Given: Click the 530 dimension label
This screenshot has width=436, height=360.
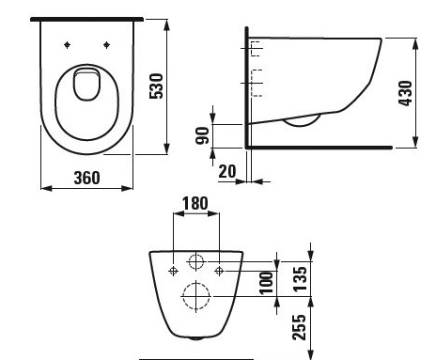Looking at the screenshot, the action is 156,86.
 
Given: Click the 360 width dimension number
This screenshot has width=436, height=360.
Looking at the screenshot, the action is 87,178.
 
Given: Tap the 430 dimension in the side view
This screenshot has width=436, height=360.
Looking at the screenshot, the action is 405,93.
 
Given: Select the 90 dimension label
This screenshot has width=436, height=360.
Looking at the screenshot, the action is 202,135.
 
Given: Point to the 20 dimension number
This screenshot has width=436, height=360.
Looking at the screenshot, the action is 227,172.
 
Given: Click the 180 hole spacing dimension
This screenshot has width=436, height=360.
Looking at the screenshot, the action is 195,203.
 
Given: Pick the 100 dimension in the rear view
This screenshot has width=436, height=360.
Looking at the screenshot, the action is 266,283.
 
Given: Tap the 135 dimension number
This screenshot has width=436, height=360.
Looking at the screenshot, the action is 300,279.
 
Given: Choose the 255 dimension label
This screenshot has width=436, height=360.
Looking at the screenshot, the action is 300,327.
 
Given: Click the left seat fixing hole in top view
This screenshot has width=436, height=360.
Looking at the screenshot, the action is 67,45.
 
